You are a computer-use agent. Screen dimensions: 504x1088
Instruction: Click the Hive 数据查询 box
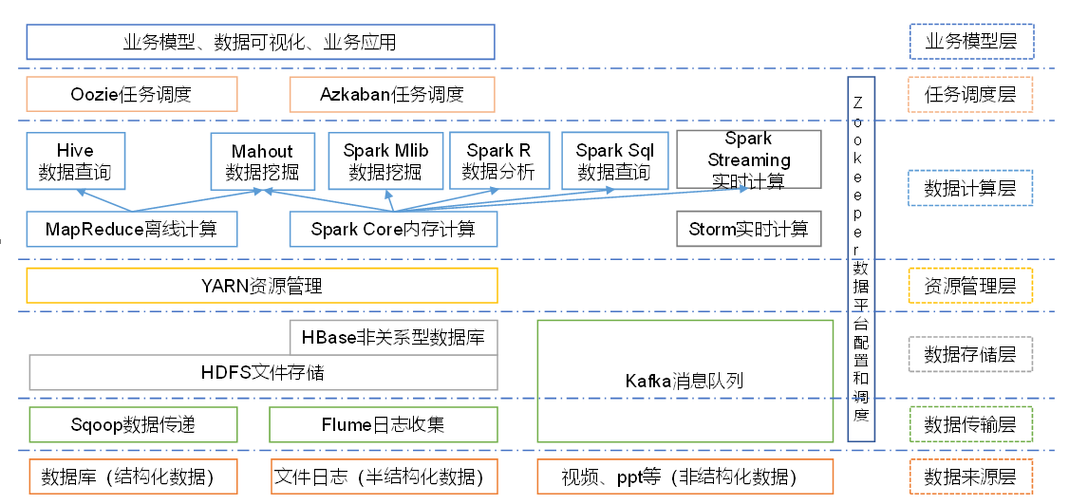(75, 161)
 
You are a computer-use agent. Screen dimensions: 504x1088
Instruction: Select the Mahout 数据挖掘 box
(262, 161)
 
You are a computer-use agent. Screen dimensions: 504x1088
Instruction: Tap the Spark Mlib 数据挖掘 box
(385, 161)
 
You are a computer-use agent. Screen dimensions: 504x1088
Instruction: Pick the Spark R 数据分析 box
(498, 161)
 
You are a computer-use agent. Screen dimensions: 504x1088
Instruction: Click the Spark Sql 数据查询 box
(614, 161)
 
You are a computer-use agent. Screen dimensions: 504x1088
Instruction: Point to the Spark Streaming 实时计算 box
(748, 159)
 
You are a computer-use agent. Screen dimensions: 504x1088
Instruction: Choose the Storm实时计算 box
(748, 229)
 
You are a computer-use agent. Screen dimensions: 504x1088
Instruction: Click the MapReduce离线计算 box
(131, 229)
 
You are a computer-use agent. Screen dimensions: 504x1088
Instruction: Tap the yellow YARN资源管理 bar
(261, 286)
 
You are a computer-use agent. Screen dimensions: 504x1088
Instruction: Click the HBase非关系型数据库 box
(393, 337)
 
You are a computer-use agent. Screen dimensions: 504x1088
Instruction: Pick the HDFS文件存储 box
(263, 371)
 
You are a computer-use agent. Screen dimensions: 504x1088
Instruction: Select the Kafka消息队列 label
(684, 381)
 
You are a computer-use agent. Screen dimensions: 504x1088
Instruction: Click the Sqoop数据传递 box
(132, 424)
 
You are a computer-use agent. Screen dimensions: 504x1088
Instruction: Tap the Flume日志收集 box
(383, 424)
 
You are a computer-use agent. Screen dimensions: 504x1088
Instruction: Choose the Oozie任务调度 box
(131, 94)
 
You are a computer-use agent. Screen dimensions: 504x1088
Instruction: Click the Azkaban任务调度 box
(392, 94)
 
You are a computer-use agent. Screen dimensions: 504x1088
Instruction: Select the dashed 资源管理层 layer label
(970, 286)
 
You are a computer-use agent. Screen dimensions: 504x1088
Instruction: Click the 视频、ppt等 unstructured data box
(684, 476)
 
